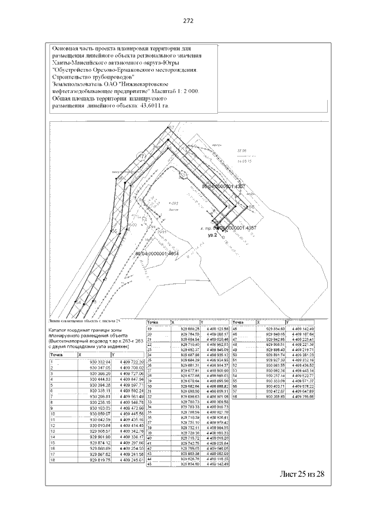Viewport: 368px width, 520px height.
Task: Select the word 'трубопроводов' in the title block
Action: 110,76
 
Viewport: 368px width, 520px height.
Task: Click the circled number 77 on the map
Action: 142,156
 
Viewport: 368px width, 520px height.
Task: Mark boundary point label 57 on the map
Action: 170,127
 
